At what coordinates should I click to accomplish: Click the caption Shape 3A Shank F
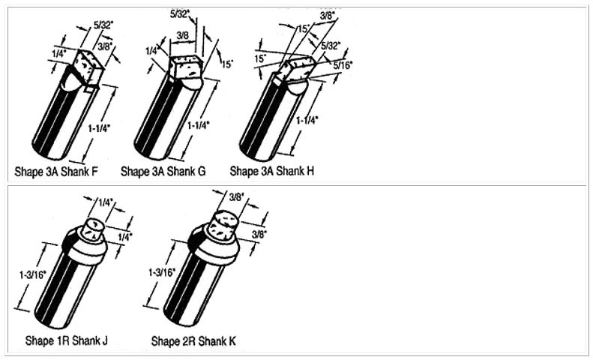56,171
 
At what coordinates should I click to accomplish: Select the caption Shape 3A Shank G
163,171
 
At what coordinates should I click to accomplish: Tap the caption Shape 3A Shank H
272,171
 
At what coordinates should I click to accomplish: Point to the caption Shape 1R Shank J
67,340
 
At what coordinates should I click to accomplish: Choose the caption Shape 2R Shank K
193,340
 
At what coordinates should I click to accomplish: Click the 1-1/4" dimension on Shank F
99,128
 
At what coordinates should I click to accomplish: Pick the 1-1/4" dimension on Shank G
199,125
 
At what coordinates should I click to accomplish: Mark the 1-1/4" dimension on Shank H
307,121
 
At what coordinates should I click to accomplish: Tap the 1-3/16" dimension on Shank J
33,274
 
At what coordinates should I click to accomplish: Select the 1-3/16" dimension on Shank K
162,272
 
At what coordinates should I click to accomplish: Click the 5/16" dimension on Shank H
343,64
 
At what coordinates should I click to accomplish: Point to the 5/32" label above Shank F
103,25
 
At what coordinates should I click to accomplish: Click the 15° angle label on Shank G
227,64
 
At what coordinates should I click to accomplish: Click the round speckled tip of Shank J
94,230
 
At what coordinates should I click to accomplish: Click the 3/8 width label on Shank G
183,35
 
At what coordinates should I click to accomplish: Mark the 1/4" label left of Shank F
59,54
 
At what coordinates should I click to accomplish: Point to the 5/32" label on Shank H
331,46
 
